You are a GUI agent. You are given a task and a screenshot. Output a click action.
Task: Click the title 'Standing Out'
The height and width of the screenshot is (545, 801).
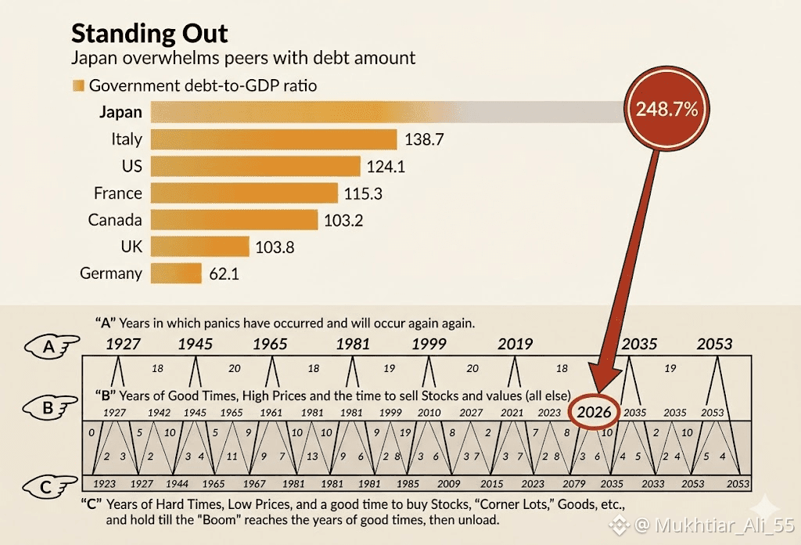point(149,34)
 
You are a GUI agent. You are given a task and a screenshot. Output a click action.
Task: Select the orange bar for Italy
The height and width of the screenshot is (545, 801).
point(274,139)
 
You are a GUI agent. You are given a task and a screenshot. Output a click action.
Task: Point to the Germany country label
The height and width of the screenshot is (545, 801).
point(111,273)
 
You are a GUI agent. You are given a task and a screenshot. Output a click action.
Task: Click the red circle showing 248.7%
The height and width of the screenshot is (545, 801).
point(667,110)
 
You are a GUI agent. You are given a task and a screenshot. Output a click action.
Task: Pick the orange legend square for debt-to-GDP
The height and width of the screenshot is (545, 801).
point(77,86)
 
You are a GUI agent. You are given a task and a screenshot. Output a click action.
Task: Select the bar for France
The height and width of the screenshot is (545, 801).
point(244,193)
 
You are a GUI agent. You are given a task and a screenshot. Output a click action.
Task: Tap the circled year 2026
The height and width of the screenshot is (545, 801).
point(594,412)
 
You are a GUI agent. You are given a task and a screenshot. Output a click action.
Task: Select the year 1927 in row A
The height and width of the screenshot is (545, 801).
point(124,344)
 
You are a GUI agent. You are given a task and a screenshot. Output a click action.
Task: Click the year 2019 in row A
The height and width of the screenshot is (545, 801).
point(515,344)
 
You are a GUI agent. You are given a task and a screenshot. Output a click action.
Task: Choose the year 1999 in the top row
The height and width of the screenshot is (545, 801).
point(429,344)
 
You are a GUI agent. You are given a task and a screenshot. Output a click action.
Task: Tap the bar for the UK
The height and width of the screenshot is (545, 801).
point(199,247)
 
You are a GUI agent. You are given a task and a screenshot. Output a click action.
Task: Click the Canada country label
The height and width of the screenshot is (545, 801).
point(115,220)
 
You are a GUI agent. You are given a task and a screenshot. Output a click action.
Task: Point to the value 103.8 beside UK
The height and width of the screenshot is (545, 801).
point(275,247)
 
